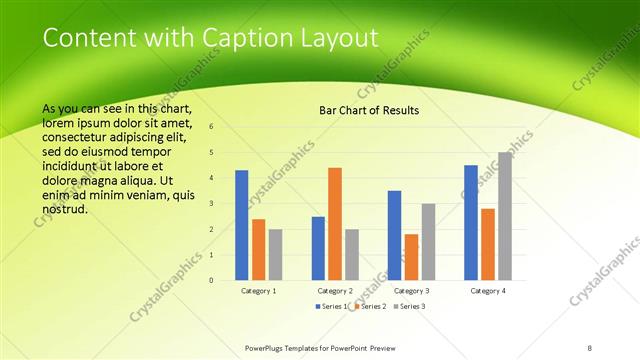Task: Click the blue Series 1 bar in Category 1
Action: [x=242, y=225]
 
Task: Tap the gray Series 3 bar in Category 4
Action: [x=504, y=216]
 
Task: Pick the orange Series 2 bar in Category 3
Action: [x=411, y=257]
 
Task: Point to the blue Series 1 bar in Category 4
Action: [x=471, y=222]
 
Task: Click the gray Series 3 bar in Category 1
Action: [x=275, y=254]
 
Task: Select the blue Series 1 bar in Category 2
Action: [x=318, y=248]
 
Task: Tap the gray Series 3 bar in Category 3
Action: [x=428, y=242]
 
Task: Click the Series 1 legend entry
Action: [x=333, y=305]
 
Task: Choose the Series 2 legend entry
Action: [x=371, y=305]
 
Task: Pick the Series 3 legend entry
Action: [x=409, y=305]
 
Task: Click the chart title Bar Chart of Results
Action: [x=369, y=110]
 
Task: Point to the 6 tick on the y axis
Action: [x=211, y=127]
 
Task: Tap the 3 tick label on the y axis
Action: [x=211, y=204]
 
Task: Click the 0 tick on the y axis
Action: [x=211, y=281]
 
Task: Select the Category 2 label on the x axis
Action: [x=335, y=290]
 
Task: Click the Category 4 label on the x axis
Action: [x=488, y=290]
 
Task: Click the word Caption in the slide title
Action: [x=249, y=39]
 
